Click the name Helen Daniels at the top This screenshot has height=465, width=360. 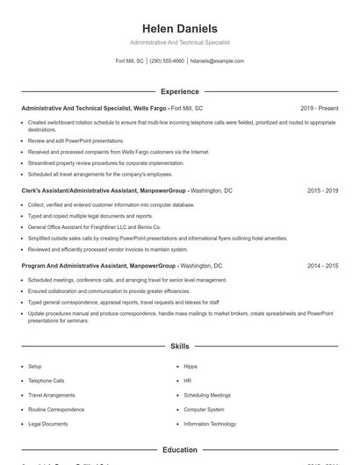pyautogui.click(x=179, y=29)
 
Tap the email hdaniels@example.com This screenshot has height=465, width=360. pyautogui.click(x=217, y=61)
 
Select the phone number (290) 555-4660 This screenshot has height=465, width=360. pyautogui.click(x=167, y=61)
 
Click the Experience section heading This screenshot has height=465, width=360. pyautogui.click(x=179, y=91)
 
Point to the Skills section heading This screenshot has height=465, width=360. pyautogui.click(x=179, y=347)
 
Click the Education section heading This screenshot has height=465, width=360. pyautogui.click(x=179, y=449)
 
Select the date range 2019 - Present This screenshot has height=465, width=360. pyautogui.click(x=319, y=108)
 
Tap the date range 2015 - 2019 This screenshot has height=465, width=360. pyautogui.click(x=322, y=190)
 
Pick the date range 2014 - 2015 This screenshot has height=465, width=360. pyautogui.click(x=322, y=264)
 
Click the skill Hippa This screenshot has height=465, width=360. pyautogui.click(x=191, y=366)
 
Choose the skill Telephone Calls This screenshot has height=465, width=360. pyautogui.click(x=47, y=381)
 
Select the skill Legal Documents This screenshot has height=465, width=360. pyautogui.click(x=47, y=424)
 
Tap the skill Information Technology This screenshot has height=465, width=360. pyautogui.click(x=210, y=424)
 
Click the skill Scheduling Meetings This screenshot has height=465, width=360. pyautogui.click(x=207, y=395)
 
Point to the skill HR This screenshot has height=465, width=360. pyautogui.click(x=188, y=381)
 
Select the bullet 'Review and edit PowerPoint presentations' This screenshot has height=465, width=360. pyautogui.click(x=76, y=140)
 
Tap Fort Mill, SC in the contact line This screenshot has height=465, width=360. pyautogui.click(x=129, y=61)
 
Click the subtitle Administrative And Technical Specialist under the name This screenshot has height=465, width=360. pyautogui.click(x=179, y=43)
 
